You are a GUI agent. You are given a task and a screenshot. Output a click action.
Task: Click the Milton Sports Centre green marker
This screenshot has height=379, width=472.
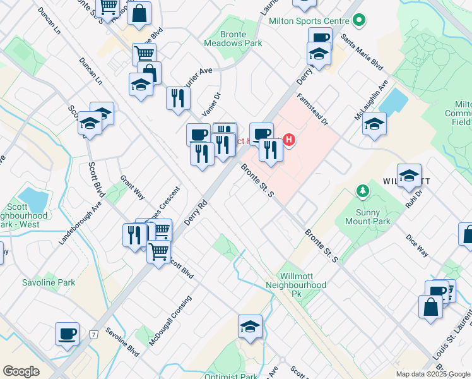pos(360,20)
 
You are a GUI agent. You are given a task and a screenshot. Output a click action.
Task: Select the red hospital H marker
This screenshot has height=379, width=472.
pos(289,139)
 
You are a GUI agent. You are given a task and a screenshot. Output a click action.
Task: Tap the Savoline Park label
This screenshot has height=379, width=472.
pos(49,282)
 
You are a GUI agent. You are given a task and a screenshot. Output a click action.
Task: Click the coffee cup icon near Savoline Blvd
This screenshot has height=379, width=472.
pos(67,334)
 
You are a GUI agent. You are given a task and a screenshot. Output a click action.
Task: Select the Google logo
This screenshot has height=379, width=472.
pos(21,371)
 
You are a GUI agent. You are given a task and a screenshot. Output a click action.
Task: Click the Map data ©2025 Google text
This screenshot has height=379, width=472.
pos(432,374)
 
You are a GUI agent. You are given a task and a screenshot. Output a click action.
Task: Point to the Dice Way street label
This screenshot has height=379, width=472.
pos(417,246)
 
